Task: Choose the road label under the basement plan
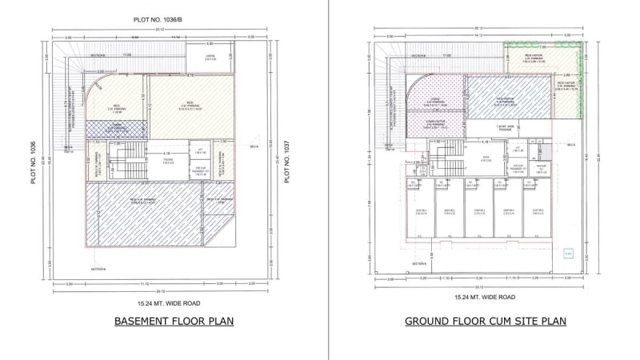click(168, 303)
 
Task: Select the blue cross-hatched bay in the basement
click(116, 128)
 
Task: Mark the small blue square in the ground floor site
click(568, 254)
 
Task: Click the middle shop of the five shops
click(478, 210)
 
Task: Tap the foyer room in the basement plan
click(168, 161)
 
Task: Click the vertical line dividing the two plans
click(329, 180)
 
